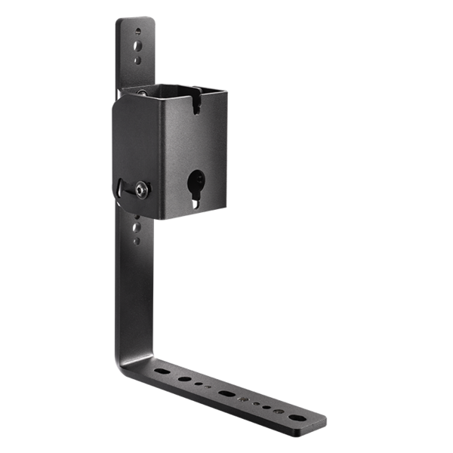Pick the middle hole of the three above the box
pos(137,46)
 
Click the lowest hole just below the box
pos(137,241)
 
